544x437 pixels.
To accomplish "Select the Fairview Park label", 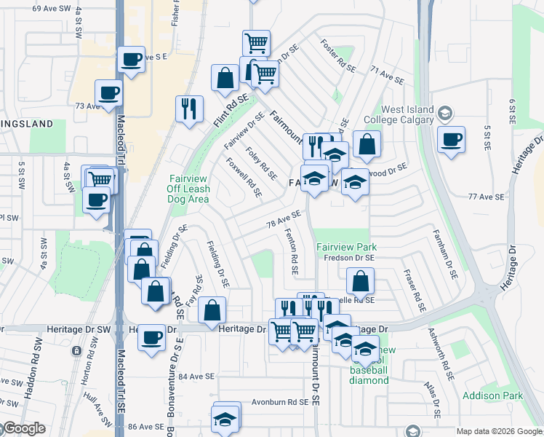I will tap(345, 247).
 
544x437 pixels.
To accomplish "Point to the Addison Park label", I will tap(492, 396).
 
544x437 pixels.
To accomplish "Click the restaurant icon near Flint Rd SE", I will tap(189, 109).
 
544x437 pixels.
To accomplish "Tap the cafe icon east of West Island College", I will tap(451, 139).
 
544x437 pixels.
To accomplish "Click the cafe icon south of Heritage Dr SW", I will tap(151, 338).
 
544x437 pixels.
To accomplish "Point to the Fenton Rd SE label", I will tap(292, 252).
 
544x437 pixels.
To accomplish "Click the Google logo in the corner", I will tap(23, 428).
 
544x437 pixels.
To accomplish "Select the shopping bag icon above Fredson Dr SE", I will tap(359, 281).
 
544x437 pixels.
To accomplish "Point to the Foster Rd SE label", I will tap(338, 56).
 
